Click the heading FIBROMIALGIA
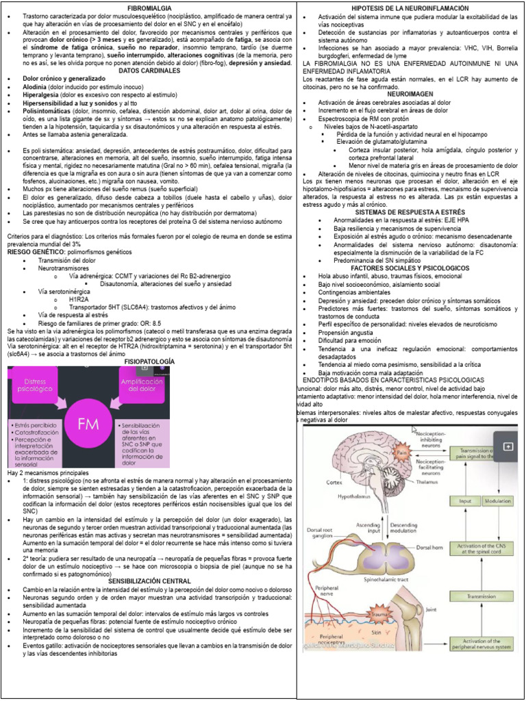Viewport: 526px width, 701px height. pos(149,5)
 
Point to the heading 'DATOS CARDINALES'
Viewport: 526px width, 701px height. pos(149,71)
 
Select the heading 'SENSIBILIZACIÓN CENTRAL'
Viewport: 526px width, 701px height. pos(149,581)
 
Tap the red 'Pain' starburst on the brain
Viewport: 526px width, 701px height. pos(402,453)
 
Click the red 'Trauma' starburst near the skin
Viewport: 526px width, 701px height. pos(378,615)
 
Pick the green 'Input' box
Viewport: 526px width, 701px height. pos(466,501)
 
